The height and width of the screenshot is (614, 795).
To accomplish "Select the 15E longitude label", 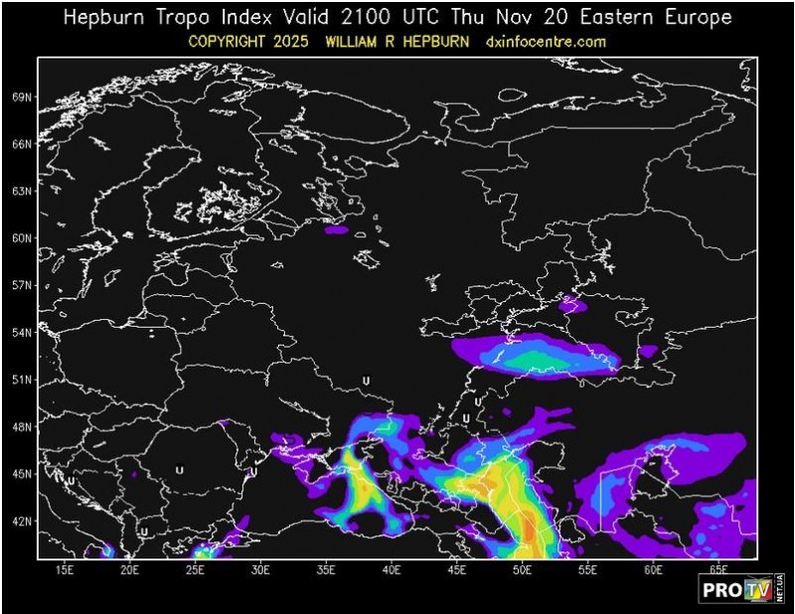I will [65, 569].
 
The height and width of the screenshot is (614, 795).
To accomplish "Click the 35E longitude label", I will [327, 569].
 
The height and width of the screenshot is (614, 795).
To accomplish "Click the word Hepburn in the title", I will [103, 18].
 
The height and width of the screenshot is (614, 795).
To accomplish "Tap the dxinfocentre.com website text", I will [547, 42].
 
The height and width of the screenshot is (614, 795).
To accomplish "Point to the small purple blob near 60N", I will [337, 230].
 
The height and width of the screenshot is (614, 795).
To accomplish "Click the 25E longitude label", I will [197, 569].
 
